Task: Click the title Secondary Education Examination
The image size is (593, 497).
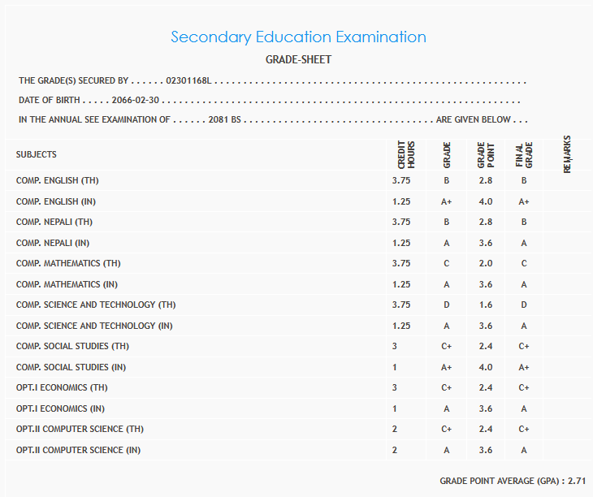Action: click(x=298, y=37)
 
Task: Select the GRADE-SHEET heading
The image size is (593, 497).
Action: click(x=298, y=60)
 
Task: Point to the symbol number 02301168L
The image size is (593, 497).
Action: click(x=189, y=81)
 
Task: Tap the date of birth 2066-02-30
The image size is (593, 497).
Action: click(x=137, y=101)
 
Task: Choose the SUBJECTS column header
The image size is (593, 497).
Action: click(x=37, y=155)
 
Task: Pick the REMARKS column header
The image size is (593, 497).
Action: click(x=567, y=154)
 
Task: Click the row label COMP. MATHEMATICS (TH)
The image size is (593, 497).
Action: click(x=68, y=263)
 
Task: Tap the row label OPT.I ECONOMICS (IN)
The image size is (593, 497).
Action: click(x=61, y=408)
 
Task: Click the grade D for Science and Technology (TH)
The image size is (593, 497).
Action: click(x=446, y=305)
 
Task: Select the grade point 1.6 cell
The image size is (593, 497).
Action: click(x=486, y=305)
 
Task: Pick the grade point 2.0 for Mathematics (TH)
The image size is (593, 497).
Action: click(x=486, y=263)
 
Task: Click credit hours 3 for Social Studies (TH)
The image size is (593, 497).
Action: click(x=395, y=346)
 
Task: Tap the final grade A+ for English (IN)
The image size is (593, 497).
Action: click(x=524, y=201)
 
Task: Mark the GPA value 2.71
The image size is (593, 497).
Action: click(x=577, y=481)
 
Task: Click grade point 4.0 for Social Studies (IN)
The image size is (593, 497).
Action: click(x=486, y=367)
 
